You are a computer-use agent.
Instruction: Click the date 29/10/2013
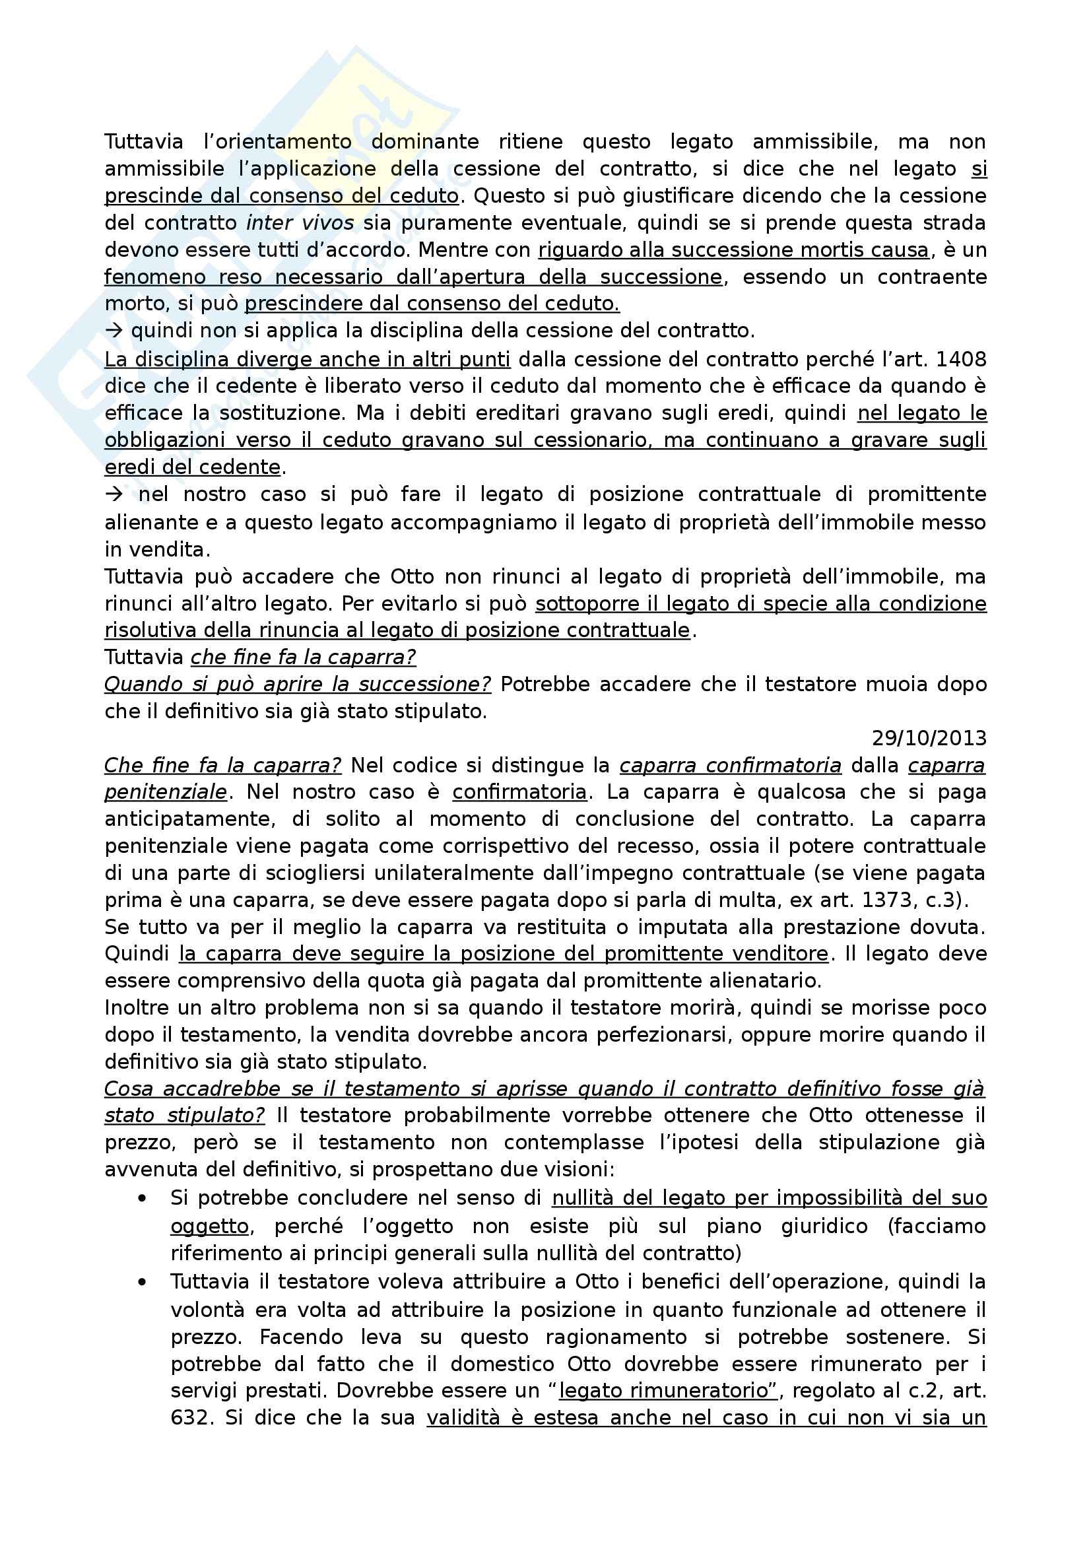click(929, 739)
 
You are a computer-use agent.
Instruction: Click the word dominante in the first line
click(425, 142)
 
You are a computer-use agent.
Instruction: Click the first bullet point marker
click(142, 1198)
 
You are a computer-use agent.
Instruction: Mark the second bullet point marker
click(142, 1282)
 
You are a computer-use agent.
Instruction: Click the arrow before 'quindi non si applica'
click(112, 331)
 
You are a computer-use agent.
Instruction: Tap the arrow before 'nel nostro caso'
click(114, 494)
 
